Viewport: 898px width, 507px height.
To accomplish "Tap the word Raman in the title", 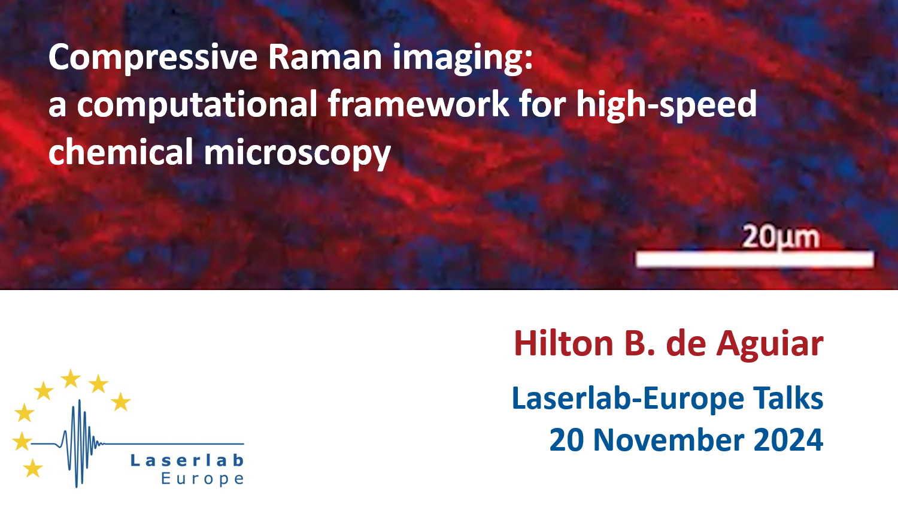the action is coord(324,57).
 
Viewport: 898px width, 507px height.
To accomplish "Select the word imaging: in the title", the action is coord(463,59).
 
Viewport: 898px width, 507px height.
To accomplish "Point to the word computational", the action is coord(197,105).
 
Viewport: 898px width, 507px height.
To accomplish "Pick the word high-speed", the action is coord(666,105).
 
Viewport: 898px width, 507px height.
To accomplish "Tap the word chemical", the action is coord(121,151).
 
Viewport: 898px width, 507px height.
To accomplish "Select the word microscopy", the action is coord(297,153).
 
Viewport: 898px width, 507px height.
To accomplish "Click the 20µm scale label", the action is coord(780,237).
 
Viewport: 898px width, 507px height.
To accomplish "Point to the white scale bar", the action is coord(754,259).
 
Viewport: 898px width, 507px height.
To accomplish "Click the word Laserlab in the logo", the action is coord(187,460).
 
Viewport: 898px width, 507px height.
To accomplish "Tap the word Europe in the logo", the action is coord(202,479).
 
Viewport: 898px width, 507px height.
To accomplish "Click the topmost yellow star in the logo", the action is coord(71,379).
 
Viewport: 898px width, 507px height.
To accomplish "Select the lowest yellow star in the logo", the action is coord(33,467).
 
